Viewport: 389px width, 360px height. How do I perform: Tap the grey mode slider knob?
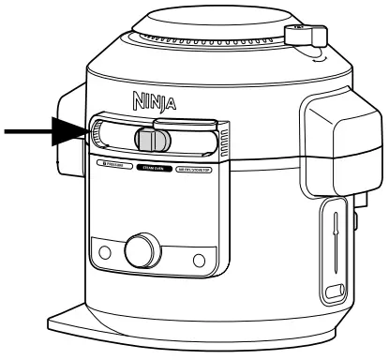coord(150,139)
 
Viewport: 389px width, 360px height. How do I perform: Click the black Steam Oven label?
coord(156,167)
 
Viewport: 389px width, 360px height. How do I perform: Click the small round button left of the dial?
coord(104,252)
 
